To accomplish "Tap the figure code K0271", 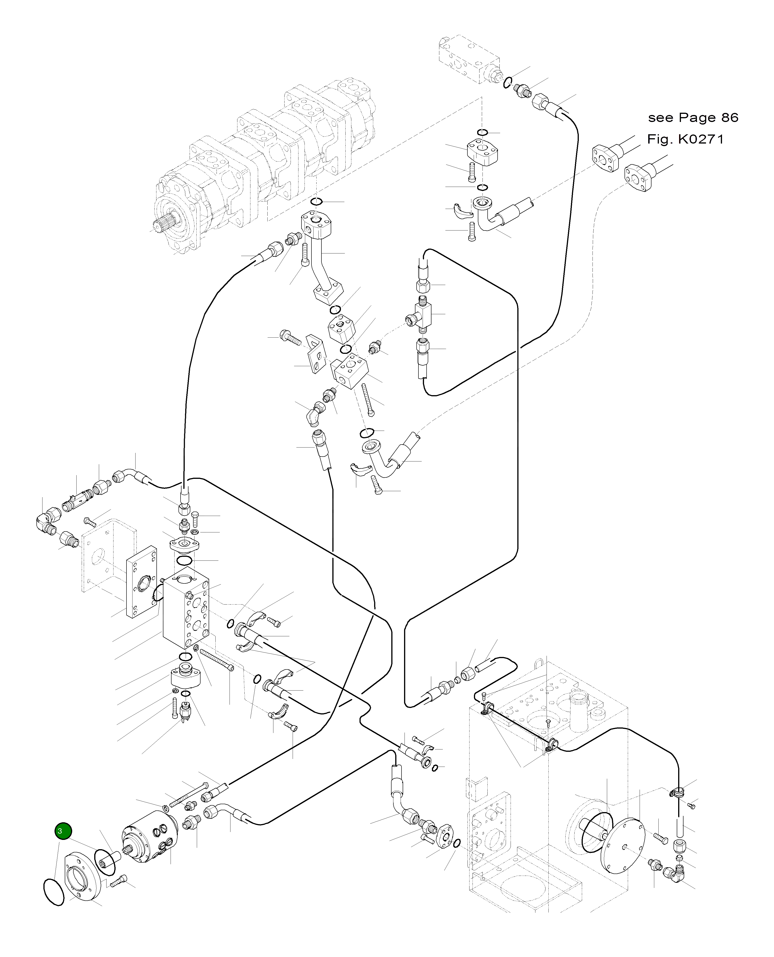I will (x=701, y=139).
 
